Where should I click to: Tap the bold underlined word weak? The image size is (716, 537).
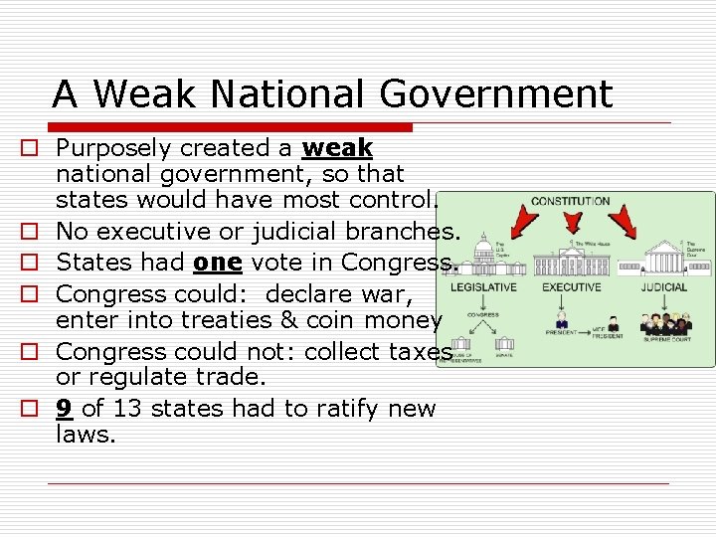337,148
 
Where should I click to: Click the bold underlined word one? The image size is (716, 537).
218,264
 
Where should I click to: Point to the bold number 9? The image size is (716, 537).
64,409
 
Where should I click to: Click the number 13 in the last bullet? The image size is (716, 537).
126,409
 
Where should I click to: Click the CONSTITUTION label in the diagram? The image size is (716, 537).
571,201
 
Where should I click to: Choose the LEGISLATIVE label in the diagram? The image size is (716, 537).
484,287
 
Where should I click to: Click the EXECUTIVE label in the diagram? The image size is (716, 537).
571,287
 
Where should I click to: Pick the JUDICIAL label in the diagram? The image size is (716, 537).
663,287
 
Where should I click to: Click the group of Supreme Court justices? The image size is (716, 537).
664,326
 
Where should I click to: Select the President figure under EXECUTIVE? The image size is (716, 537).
562,323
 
